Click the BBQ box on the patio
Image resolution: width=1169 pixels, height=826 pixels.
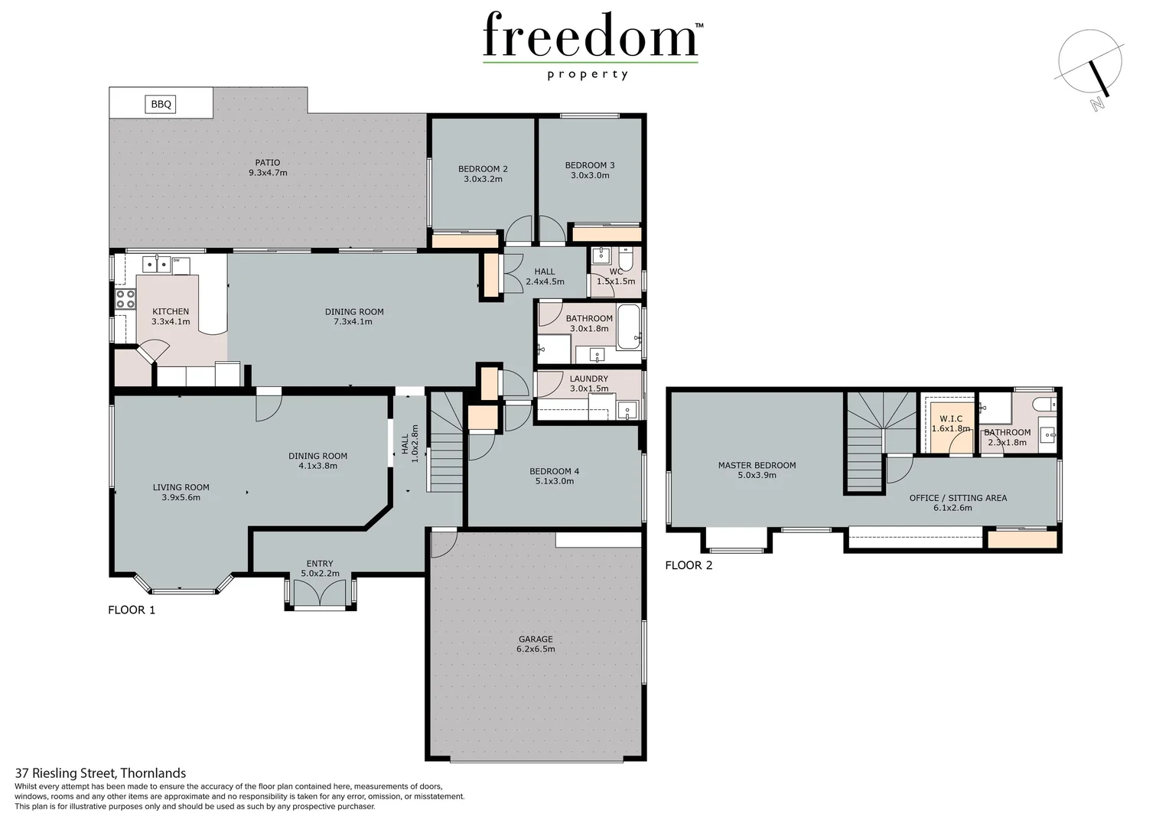tap(161, 104)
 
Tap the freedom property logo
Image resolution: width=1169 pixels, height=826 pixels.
tap(591, 42)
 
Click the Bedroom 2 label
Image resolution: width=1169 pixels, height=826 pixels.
tap(483, 174)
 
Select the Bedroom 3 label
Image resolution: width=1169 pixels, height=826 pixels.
tap(590, 170)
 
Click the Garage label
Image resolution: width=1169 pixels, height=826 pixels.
tap(536, 644)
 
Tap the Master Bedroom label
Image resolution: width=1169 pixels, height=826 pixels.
tap(757, 470)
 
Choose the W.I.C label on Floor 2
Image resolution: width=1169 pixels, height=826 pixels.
tap(951, 423)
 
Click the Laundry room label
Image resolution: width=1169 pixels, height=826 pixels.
tap(589, 383)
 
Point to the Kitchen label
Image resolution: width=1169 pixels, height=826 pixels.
tap(171, 317)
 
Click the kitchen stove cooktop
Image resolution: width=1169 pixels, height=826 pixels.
tap(125, 300)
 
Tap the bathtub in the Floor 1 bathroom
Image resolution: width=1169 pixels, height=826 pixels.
tap(629, 326)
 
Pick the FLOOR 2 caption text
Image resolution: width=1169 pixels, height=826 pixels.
tap(689, 565)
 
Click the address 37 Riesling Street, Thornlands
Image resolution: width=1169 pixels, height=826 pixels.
tap(100, 773)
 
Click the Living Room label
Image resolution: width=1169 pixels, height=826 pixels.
tap(181, 492)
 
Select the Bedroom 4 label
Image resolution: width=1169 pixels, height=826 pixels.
tap(554, 476)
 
